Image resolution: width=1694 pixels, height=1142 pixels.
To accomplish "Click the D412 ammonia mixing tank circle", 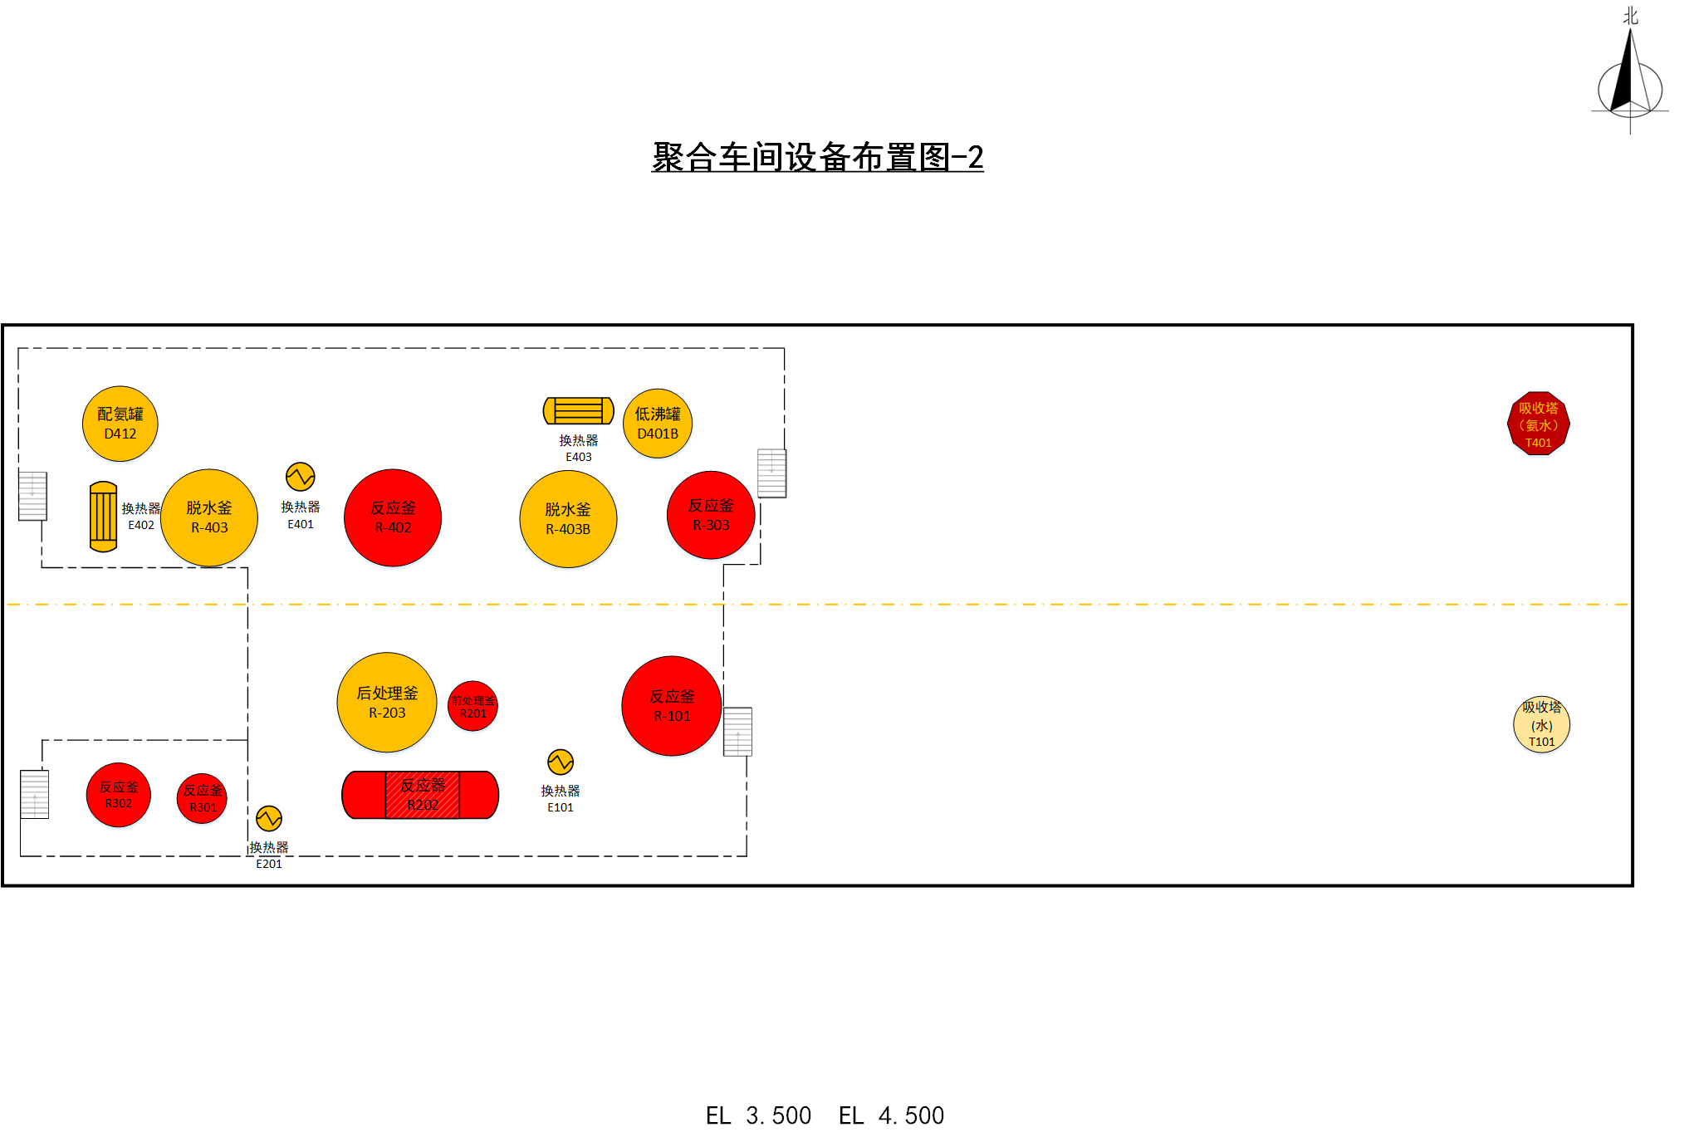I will pyautogui.click(x=120, y=424).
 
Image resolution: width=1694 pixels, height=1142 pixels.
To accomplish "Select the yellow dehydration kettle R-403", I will pyautogui.click(x=209, y=517).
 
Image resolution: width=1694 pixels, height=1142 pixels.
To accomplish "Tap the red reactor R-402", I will pyautogui.click(x=393, y=517).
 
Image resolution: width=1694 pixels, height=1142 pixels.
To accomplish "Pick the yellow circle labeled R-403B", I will pyautogui.click(x=568, y=519).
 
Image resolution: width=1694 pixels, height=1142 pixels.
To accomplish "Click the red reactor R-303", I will pyautogui.click(x=711, y=515).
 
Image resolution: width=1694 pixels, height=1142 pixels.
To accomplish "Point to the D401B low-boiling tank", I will pyautogui.click(x=658, y=424).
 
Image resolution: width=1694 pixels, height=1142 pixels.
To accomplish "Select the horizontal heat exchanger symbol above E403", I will pyautogui.click(x=579, y=410).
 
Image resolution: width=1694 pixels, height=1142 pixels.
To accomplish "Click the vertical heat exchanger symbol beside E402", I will pyautogui.click(x=103, y=517).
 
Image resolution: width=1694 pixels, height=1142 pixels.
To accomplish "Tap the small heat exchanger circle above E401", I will pyautogui.click(x=301, y=477).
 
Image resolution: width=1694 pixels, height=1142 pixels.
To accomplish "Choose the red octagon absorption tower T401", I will pyautogui.click(x=1538, y=424).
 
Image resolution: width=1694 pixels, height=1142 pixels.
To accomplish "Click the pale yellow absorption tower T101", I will pyautogui.click(x=1541, y=724).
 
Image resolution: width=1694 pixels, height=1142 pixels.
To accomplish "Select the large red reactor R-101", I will pyautogui.click(x=672, y=706).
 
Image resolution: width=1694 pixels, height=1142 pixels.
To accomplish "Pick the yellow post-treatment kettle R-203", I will pyautogui.click(x=387, y=703).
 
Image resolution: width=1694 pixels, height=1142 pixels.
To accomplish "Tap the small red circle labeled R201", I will pyautogui.click(x=473, y=706).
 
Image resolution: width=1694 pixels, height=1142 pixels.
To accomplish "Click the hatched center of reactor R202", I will pyautogui.click(x=422, y=795).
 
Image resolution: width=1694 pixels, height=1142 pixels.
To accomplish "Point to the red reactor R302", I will pyautogui.click(x=119, y=795).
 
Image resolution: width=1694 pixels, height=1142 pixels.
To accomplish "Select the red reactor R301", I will pyautogui.click(x=203, y=798).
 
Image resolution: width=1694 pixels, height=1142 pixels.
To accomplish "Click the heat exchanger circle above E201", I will pyautogui.click(x=269, y=819).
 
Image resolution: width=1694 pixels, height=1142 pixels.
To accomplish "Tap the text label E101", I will pyautogui.click(x=561, y=807).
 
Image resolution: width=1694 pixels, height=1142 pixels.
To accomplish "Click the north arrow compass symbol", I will pyautogui.click(x=1630, y=79).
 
